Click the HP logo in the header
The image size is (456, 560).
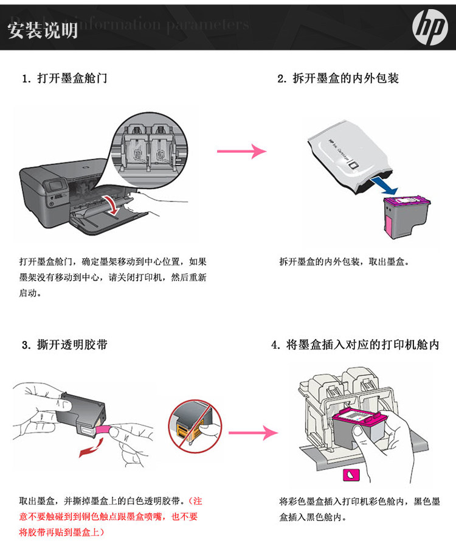[430, 27]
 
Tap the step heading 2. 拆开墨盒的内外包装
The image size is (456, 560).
[337, 79]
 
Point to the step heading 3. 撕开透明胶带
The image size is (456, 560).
[64, 345]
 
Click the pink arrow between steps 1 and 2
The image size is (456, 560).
[242, 151]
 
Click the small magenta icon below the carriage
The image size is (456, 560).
[351, 474]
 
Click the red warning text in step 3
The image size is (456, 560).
[109, 517]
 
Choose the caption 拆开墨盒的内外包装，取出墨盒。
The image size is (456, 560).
[344, 262]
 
